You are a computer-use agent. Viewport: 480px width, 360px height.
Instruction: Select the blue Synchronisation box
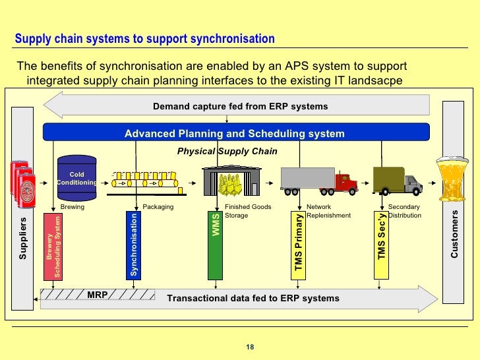coord(134,244)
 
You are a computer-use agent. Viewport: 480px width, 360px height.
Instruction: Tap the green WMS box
coord(216,244)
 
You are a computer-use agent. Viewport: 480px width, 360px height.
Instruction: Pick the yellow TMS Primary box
coord(299,244)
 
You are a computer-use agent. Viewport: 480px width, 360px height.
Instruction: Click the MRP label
coord(97,293)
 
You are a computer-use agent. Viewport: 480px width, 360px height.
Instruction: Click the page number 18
coord(249,347)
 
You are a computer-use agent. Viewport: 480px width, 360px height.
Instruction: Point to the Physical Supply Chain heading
coord(227,151)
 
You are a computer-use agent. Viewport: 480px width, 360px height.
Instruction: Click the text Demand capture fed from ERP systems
coord(240,106)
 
